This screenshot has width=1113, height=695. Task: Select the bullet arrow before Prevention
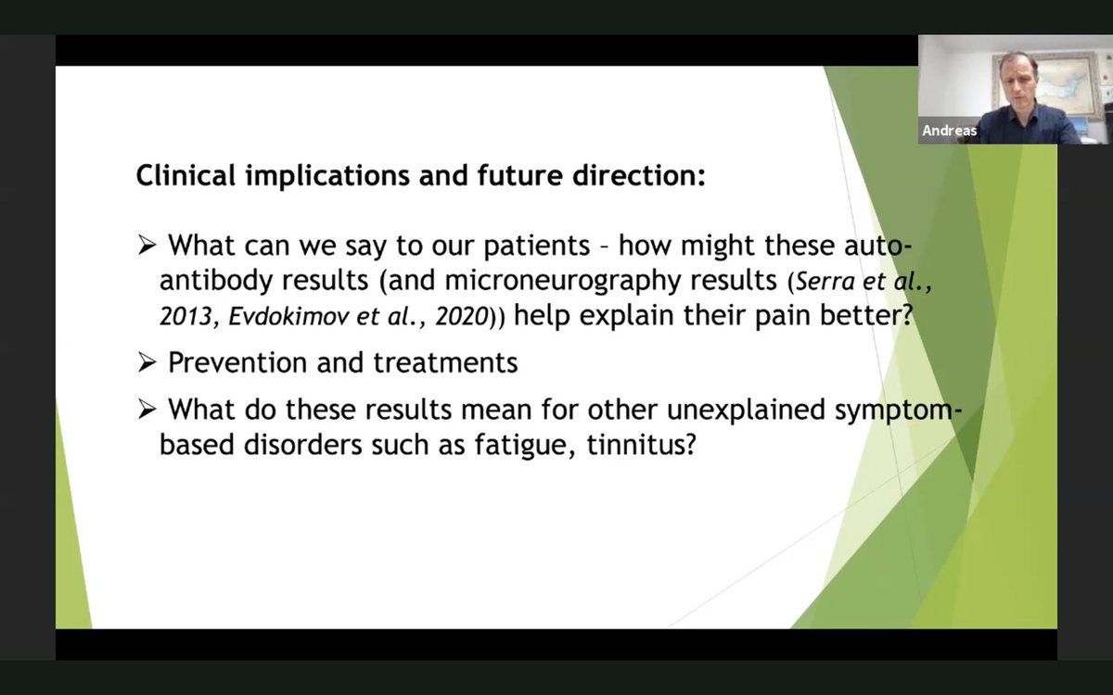click(x=147, y=362)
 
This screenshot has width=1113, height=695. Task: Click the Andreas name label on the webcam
click(x=949, y=132)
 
